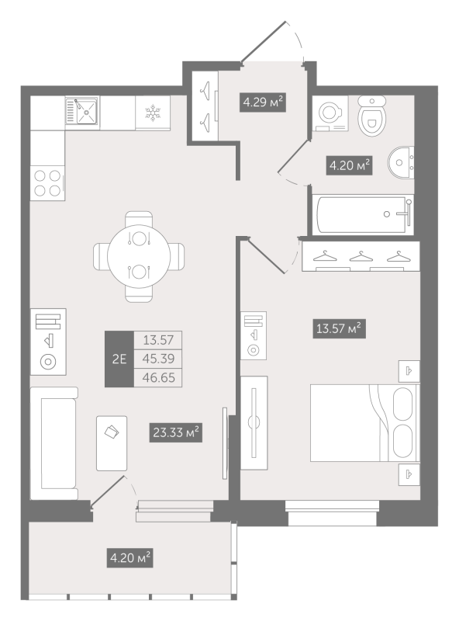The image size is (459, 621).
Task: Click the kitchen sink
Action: pyautogui.click(x=82, y=111)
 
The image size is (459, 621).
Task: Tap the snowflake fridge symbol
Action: pyautogui.click(x=152, y=113)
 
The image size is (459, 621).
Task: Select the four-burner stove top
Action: pyautogui.click(x=47, y=182)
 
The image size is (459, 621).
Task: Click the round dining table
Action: pyautogui.click(x=139, y=256)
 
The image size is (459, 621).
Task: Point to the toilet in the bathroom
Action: pyautogui.click(x=372, y=116)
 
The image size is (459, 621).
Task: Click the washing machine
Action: pyautogui.click(x=330, y=113)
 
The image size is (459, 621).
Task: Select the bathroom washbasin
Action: pyautogui.click(x=401, y=162)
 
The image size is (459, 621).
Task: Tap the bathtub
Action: pyautogui.click(x=363, y=214)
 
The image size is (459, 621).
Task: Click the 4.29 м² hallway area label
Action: pyautogui.click(x=263, y=102)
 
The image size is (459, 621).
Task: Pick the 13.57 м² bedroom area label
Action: pyautogui.click(x=339, y=328)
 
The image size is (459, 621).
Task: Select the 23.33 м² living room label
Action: pyautogui.click(x=176, y=432)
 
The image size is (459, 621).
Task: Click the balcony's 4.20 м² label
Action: pyautogui.click(x=129, y=557)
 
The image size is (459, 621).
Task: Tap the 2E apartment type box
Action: pyautogui.click(x=119, y=359)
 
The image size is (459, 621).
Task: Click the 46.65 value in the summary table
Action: pyautogui.click(x=159, y=377)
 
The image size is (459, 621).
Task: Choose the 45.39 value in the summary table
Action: pyautogui.click(x=159, y=359)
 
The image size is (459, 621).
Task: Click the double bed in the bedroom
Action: pyautogui.click(x=365, y=422)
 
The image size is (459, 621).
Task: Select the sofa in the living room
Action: pyautogui.click(x=54, y=443)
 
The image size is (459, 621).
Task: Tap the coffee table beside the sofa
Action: pyautogui.click(x=112, y=443)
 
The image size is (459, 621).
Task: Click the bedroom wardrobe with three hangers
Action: pyautogui.click(x=361, y=256)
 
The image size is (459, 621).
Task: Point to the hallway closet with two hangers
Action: pyautogui.click(x=205, y=106)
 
